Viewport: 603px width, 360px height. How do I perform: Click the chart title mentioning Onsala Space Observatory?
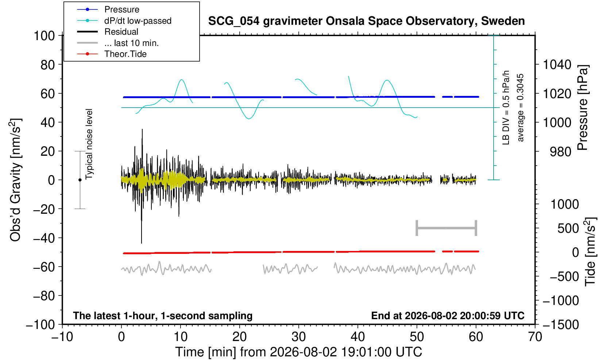(366, 21)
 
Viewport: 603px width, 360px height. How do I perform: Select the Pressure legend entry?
(108, 10)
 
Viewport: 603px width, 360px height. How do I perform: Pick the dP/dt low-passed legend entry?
(124, 21)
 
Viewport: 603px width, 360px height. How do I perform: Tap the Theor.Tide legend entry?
(112, 54)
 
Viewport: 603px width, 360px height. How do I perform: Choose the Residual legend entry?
(108, 32)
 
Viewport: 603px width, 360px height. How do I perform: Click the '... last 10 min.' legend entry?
(118, 43)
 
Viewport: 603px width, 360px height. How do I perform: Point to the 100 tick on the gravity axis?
(44, 36)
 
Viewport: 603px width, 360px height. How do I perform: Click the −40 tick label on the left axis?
(44, 238)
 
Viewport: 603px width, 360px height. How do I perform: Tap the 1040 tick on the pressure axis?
(557, 65)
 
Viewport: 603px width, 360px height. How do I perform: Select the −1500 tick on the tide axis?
(561, 325)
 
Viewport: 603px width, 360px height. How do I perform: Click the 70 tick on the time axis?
(535, 337)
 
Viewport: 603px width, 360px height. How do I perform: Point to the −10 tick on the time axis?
(62, 337)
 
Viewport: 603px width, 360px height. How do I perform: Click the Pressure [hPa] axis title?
(583, 108)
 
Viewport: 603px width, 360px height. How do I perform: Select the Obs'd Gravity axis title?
(16, 180)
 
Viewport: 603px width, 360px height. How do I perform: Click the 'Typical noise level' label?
(89, 144)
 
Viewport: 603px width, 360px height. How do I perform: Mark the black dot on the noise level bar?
(80, 180)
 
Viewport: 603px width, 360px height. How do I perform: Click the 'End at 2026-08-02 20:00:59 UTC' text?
(448, 316)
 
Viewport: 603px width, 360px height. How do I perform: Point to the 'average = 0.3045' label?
(521, 108)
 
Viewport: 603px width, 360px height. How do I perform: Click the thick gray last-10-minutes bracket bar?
(447, 228)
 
